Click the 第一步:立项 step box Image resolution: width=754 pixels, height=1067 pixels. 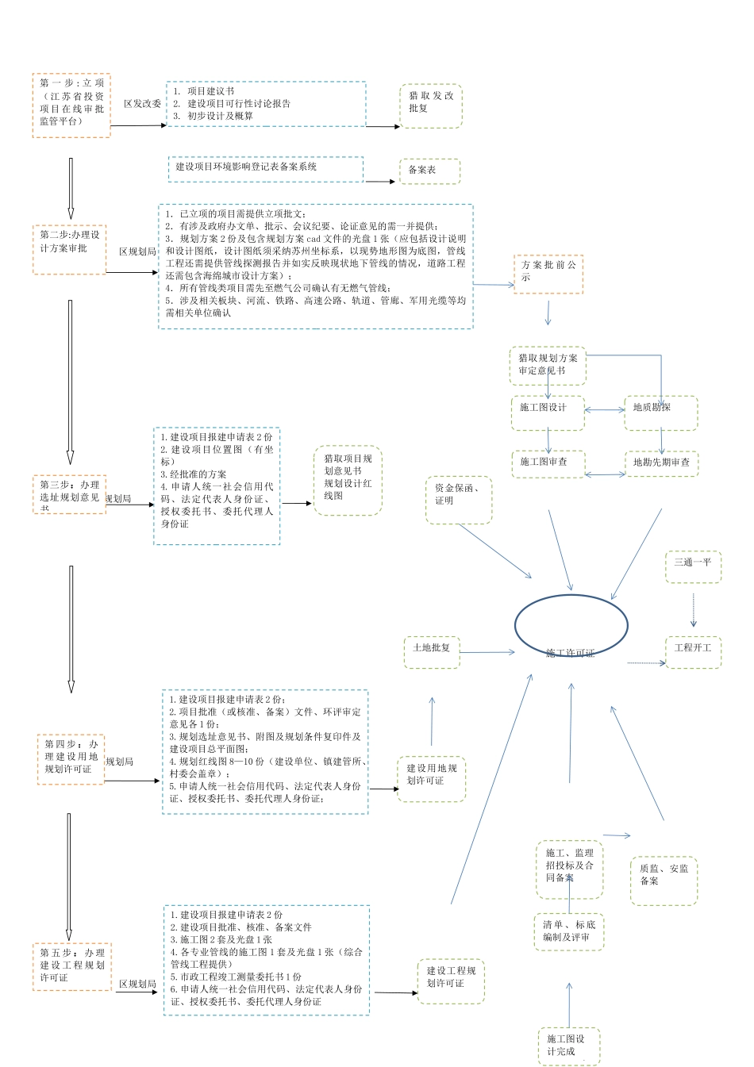(x=71, y=106)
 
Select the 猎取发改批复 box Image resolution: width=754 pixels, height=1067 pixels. (x=431, y=106)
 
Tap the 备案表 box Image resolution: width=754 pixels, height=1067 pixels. (x=429, y=171)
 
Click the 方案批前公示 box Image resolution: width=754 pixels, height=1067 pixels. (x=548, y=274)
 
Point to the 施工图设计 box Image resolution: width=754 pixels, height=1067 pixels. (x=548, y=413)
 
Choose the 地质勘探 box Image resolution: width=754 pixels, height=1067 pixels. (x=660, y=413)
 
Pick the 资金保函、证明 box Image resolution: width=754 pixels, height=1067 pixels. (x=459, y=500)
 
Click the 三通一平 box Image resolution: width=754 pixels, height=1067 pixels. (x=692, y=566)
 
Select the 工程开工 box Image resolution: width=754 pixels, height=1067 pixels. (x=692, y=651)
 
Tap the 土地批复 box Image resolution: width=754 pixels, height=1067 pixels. (x=432, y=651)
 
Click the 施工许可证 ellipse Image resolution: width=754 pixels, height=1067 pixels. (x=571, y=627)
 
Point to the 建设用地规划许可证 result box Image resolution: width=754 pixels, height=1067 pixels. (x=431, y=778)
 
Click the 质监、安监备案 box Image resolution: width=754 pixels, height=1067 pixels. (x=664, y=880)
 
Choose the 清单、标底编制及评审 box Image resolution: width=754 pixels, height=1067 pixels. (x=568, y=931)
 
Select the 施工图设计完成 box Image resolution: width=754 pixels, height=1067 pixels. (x=568, y=1046)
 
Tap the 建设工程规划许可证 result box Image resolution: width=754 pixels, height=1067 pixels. (x=451, y=981)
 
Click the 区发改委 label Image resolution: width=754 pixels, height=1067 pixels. (x=142, y=104)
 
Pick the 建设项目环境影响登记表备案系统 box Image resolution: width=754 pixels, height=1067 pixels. (x=265, y=168)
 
